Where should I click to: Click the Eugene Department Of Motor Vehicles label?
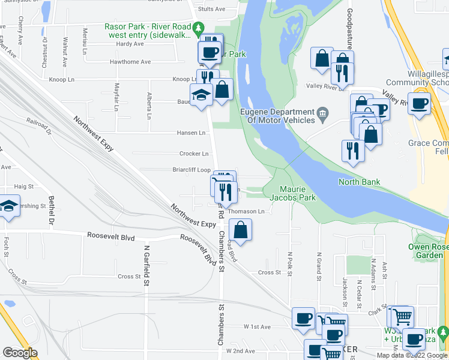[x=277, y=116]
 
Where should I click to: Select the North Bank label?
[x=360, y=182]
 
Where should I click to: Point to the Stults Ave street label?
[x=211, y=9]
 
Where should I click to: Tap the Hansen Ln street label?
[x=191, y=133]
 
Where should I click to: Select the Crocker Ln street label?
[x=193, y=154]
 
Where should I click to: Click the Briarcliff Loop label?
[x=191, y=170]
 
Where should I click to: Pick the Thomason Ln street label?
[x=246, y=211]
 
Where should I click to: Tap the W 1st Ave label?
[x=258, y=327]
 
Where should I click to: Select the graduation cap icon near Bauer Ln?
[x=201, y=94]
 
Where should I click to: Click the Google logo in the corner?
[x=20, y=353]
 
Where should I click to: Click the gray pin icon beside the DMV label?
[x=322, y=112]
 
